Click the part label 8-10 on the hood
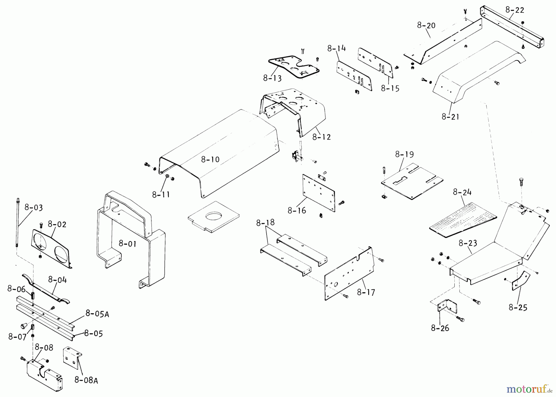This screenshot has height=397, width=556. [x=210, y=160]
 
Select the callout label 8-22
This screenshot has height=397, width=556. [x=515, y=10]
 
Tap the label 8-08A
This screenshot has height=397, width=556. [x=86, y=380]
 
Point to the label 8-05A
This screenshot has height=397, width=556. [x=97, y=314]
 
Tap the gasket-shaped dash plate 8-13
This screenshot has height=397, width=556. [x=293, y=67]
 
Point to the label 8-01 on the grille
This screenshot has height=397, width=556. [x=128, y=244]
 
